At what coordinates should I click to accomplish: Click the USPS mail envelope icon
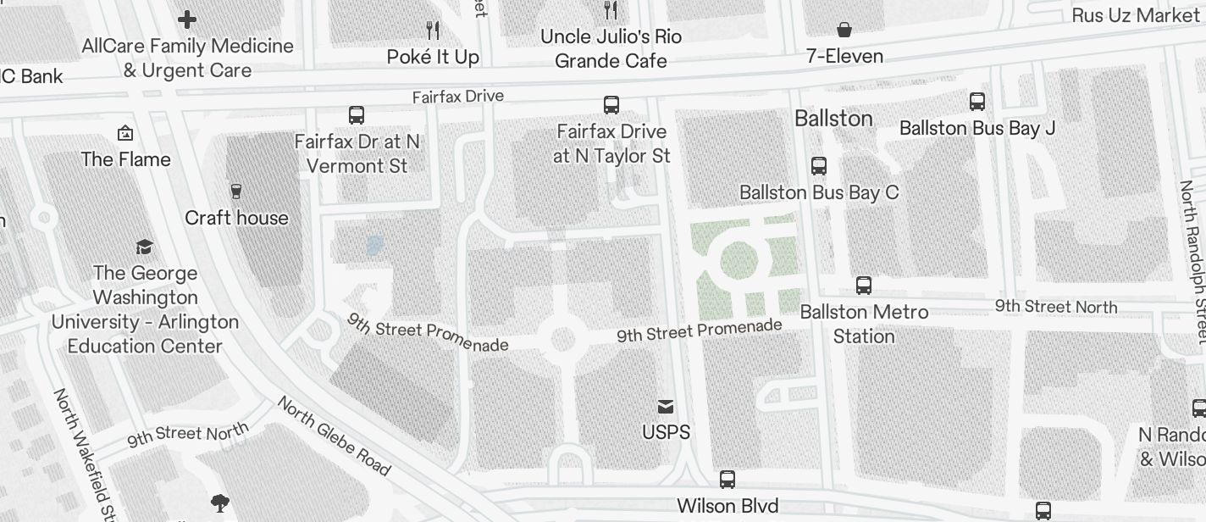667,407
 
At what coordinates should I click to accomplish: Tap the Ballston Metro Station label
864,324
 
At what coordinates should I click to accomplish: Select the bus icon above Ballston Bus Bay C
819,166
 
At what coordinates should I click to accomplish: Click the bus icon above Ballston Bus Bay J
977,102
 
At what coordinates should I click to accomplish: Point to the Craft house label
236,218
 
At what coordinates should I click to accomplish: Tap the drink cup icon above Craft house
236,192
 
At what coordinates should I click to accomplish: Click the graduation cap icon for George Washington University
145,247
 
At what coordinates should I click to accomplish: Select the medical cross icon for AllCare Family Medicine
187,19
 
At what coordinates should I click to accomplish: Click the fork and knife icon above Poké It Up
433,31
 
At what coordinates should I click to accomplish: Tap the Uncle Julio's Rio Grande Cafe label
611,48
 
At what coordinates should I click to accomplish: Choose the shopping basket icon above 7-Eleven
844,31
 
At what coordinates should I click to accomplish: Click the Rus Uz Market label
1135,15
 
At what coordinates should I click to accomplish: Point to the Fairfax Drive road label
457,97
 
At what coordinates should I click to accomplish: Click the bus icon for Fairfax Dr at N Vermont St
357,114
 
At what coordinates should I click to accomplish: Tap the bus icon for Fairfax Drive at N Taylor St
611,105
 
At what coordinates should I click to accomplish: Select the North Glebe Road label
334,436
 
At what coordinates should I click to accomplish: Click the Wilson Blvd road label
727,506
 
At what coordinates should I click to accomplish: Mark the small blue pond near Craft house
373,246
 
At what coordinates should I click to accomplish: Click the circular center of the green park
739,260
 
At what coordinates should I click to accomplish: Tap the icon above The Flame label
125,133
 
